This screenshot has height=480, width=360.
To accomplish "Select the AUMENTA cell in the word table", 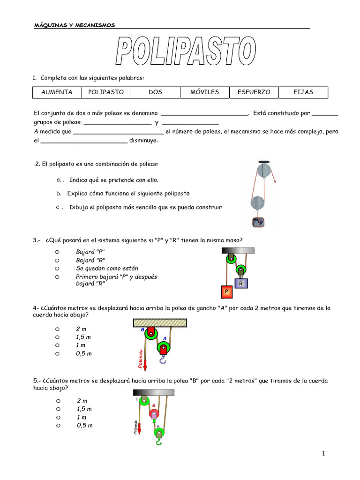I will [x=57, y=92].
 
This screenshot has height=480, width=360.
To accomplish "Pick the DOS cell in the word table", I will [x=155, y=92].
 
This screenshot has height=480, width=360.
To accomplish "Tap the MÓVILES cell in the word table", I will [x=204, y=92].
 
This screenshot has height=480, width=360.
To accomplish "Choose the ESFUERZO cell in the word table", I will [x=254, y=92].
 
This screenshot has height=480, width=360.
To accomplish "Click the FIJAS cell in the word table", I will [x=303, y=92].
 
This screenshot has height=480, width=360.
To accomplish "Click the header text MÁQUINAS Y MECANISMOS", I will [x=75, y=25].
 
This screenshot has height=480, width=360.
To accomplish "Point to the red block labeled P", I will [x=226, y=292].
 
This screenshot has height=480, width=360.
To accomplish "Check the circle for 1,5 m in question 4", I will [x=57, y=337].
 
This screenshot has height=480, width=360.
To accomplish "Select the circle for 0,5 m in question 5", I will [x=58, y=425].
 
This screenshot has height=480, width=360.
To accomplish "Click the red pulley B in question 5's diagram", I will [x=154, y=414].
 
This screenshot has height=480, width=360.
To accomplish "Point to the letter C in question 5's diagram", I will [x=137, y=399].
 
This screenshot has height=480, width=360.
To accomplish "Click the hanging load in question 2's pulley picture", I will [x=258, y=223].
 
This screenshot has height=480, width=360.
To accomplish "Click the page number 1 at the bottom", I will [x=323, y=453].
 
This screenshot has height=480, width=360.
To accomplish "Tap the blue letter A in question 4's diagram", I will [x=165, y=338].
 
